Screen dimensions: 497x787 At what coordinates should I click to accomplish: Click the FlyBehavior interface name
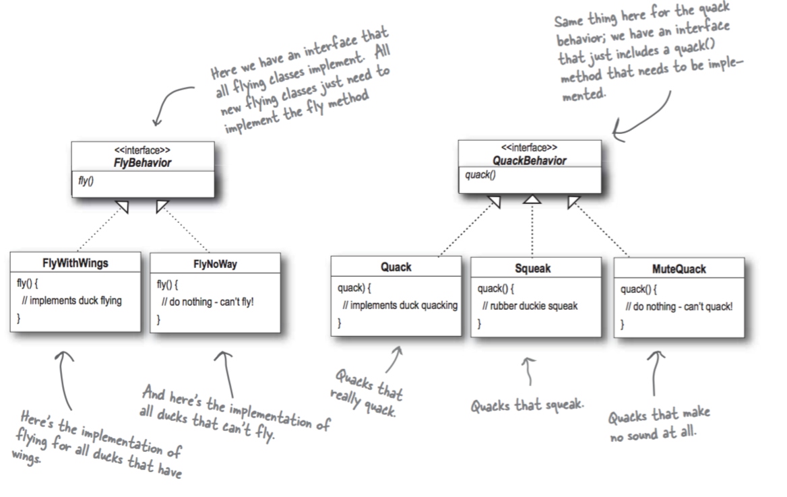pos(143,163)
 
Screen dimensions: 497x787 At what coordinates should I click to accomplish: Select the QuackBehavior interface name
pos(530,161)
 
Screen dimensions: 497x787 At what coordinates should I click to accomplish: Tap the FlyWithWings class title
pos(75,263)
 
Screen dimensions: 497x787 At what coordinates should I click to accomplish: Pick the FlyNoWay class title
pos(214,265)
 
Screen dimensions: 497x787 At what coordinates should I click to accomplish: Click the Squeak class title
pos(532,268)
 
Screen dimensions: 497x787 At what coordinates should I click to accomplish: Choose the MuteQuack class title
pos(679,269)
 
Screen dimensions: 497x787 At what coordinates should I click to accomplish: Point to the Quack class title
pos(396,267)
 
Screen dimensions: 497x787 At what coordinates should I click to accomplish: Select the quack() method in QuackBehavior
pos(480,176)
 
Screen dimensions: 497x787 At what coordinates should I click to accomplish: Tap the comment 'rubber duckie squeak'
pos(530,306)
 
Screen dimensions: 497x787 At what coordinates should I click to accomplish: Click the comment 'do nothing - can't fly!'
pos(208,301)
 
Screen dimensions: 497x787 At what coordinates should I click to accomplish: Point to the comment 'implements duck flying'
pos(71,300)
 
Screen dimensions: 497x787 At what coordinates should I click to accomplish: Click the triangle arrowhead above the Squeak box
pos(532,199)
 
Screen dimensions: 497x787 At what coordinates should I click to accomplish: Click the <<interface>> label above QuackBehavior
pos(529,147)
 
